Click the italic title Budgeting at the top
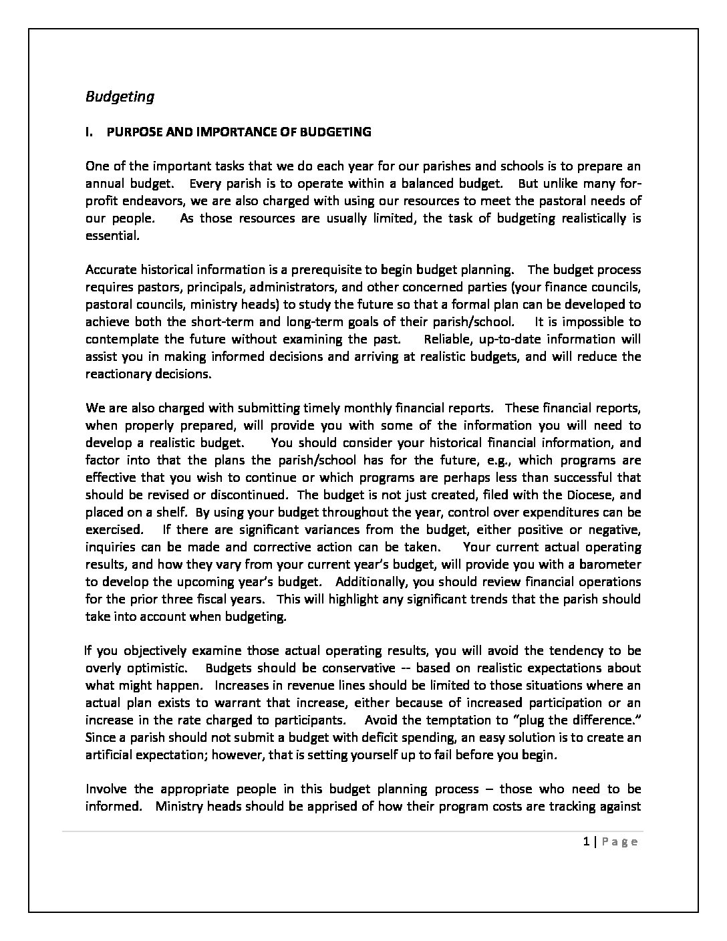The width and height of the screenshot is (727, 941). coord(120,97)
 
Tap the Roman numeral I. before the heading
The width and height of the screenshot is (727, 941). coord(90,132)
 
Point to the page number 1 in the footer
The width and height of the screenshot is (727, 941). coord(585,842)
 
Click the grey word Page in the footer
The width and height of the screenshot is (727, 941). coord(619,842)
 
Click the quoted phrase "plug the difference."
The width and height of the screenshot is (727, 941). coord(578,720)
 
